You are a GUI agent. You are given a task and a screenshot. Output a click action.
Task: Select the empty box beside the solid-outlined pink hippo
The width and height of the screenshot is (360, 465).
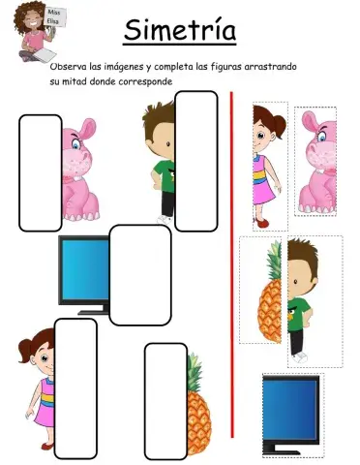coord(40,173)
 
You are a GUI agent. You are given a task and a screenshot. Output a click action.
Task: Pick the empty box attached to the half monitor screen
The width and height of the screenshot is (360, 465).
coord(139,274)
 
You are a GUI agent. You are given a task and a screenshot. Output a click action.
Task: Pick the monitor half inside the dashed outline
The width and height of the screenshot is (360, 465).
coord(291,413)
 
